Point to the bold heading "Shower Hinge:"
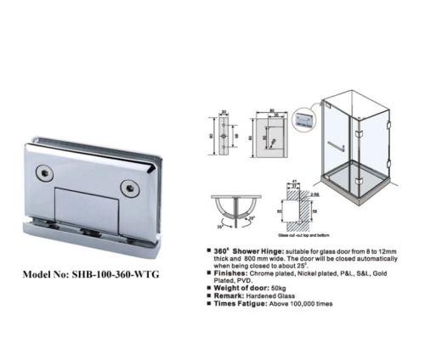click(242, 252)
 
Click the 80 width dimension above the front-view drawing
click(269, 110)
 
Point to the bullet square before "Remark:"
click(209, 297)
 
